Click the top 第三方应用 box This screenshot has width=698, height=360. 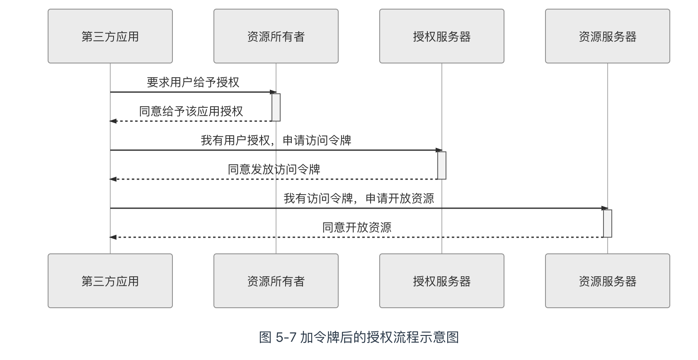tap(110, 36)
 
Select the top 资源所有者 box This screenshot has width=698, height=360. tap(276, 36)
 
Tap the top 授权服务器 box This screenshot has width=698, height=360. tap(441, 36)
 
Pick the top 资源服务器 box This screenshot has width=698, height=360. tap(607, 36)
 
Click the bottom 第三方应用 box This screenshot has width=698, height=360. tap(110, 281)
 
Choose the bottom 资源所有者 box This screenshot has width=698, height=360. tap(276, 281)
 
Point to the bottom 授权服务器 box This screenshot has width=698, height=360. tap(441, 281)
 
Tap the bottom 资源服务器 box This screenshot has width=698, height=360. tap(607, 281)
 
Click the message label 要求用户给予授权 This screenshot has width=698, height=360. tap(193, 82)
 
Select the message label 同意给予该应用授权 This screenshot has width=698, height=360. tap(191, 111)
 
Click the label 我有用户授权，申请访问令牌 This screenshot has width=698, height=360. tap(276, 140)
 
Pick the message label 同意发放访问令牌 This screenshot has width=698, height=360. tap(274, 169)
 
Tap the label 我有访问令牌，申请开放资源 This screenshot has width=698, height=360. tap(359, 198)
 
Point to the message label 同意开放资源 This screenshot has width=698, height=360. tap(356, 227)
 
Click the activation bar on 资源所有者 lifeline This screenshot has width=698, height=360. tap(276, 107)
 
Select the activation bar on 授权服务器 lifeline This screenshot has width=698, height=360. tap(442, 165)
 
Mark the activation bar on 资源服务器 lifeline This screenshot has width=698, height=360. tap(608, 224)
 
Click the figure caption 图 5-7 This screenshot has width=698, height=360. tap(359, 337)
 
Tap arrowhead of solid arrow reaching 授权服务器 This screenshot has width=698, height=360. tap(439, 150)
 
